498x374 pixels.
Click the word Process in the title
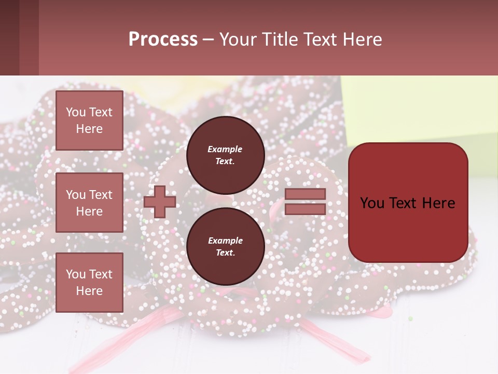click(x=163, y=39)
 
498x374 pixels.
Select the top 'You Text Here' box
click(x=89, y=121)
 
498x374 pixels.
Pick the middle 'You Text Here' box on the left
click(x=89, y=203)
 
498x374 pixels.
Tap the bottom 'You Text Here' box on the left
click(x=89, y=283)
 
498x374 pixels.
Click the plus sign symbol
click(x=160, y=202)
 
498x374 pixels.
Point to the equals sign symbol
click(x=306, y=202)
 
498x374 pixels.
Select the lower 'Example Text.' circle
click(x=225, y=247)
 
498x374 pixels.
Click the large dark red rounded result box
click(x=408, y=203)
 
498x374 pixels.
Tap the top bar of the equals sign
click(x=306, y=194)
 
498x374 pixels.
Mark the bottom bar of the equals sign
click(x=306, y=209)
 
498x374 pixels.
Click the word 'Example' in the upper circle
click(x=225, y=149)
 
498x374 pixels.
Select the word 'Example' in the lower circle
click(x=225, y=241)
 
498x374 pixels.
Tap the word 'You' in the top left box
click(x=76, y=112)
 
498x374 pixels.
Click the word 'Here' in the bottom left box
click(x=89, y=291)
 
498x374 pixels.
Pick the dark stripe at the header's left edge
click(x=9, y=38)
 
